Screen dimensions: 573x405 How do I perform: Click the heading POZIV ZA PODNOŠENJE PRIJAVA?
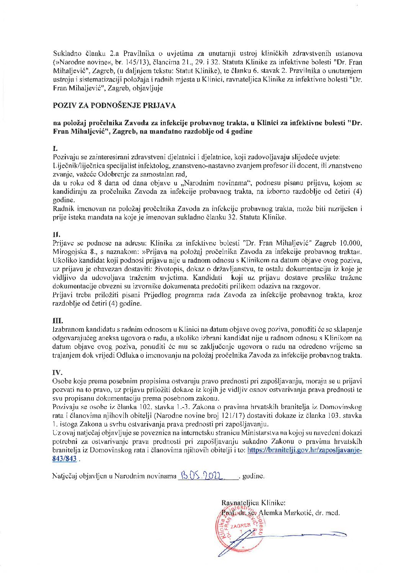pos(114,105)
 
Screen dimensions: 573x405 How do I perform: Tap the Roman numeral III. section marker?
pos(57,320)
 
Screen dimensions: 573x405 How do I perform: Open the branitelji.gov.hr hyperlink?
pos(304,450)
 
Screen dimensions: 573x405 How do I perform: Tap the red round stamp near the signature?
pos(240,528)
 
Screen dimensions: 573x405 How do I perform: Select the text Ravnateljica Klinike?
pos(253,503)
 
